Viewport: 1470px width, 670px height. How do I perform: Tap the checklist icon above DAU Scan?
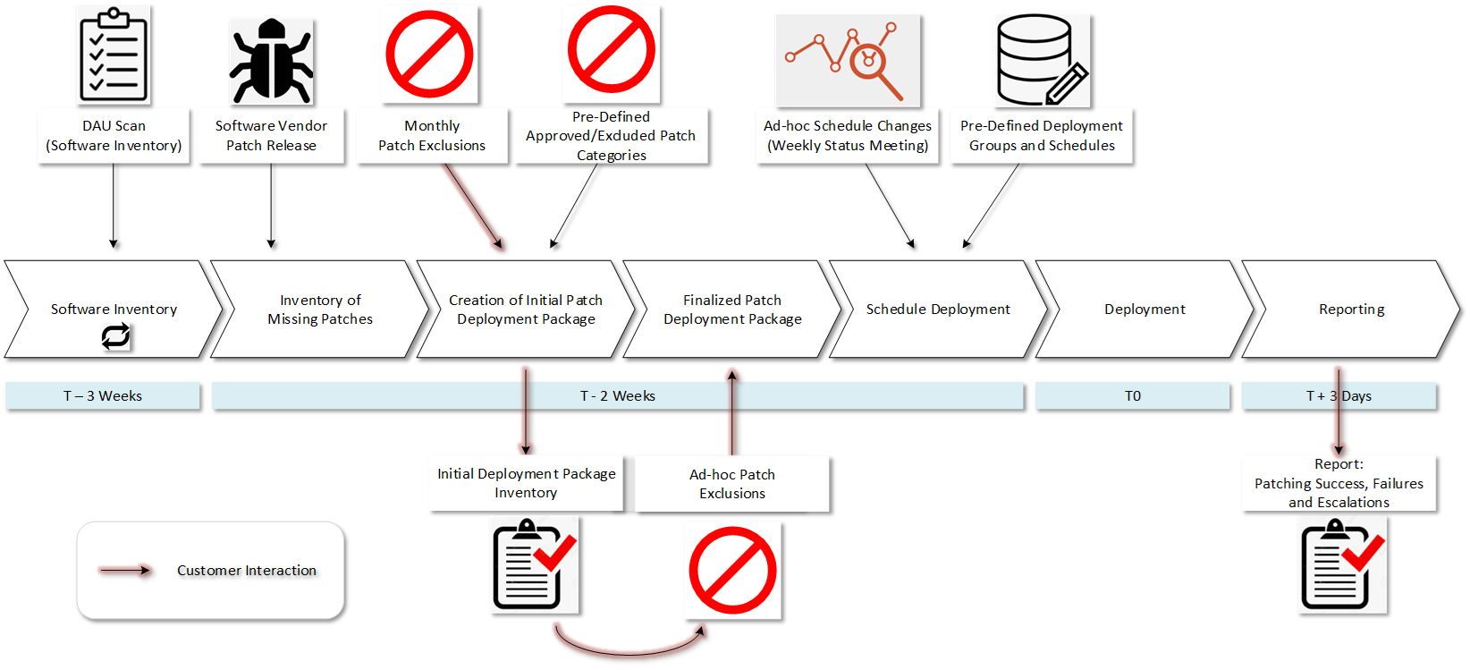pos(113,55)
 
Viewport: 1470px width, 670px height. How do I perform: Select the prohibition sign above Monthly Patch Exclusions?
pos(429,55)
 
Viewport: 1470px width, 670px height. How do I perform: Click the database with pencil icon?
pos(1041,61)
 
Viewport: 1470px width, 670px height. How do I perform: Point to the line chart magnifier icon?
pos(847,61)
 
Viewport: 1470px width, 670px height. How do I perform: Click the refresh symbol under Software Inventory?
pos(115,336)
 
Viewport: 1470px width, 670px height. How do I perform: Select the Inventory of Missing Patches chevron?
pos(319,310)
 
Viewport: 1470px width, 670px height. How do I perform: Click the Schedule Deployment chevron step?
pos(937,310)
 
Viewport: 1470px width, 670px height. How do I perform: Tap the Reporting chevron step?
pos(1350,310)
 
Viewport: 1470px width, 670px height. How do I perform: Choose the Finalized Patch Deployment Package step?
pos(731,310)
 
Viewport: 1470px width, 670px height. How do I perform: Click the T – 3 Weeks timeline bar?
pos(103,395)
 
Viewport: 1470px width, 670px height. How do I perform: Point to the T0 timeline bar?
pos(1132,395)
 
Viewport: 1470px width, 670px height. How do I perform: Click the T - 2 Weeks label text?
pos(618,395)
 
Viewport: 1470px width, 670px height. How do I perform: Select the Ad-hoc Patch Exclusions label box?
pos(731,484)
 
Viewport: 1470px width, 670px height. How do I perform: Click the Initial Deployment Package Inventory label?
pos(526,483)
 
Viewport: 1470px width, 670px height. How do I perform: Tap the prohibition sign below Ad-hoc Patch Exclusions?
pos(731,570)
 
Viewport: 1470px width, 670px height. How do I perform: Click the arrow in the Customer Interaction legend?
pos(125,570)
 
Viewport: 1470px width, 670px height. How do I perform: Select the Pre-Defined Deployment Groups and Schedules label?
pos(1041,136)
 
